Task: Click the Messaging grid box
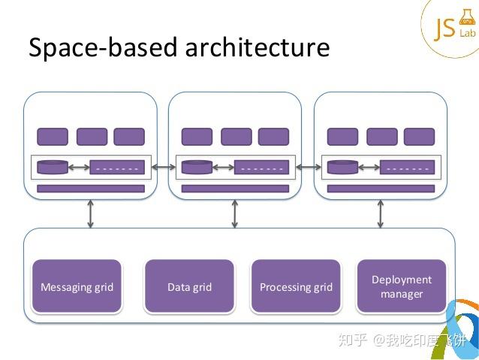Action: (x=77, y=286)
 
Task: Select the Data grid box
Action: (x=189, y=286)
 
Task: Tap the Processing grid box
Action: (x=296, y=286)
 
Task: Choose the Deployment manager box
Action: (x=402, y=286)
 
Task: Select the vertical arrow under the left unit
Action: (x=90, y=213)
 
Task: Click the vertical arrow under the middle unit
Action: (x=235, y=213)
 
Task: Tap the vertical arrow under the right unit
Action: (x=379, y=213)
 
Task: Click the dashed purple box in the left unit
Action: (x=116, y=168)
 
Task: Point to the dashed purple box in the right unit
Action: (x=406, y=168)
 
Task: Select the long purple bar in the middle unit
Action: (x=235, y=189)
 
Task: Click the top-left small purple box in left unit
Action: (x=53, y=137)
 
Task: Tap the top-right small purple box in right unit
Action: (x=419, y=137)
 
